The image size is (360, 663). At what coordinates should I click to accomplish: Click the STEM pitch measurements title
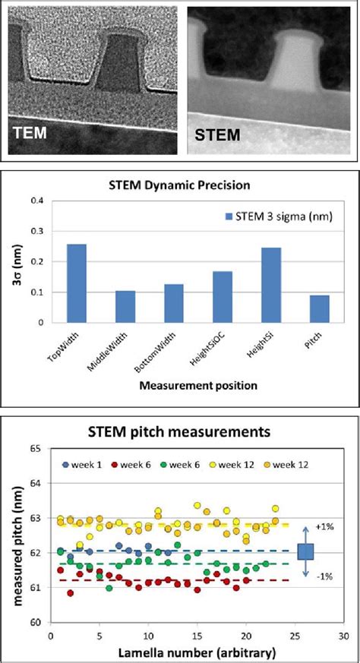[x=178, y=434]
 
